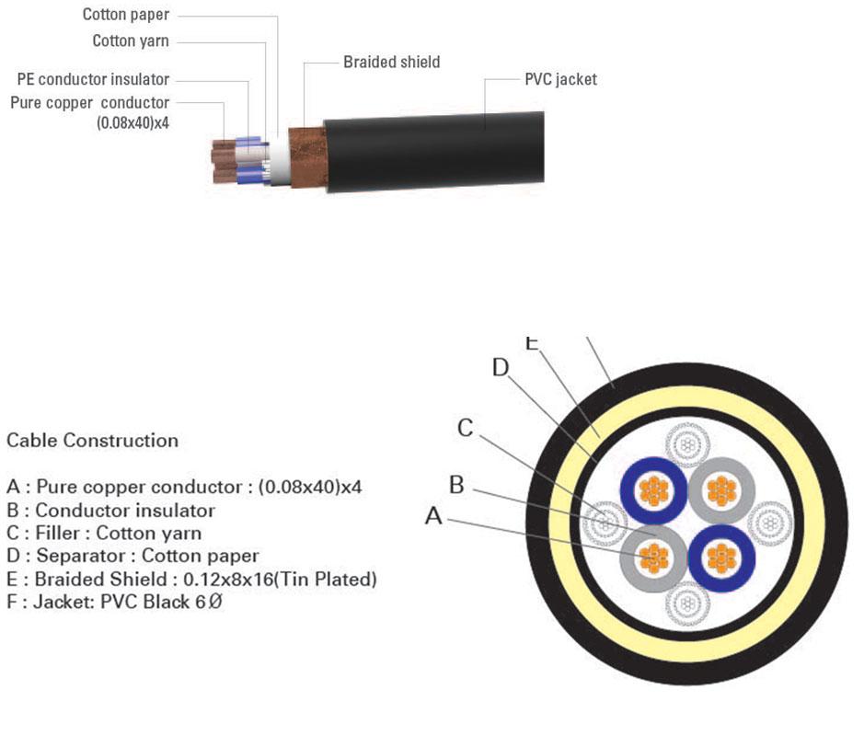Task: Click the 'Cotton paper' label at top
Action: [126, 15]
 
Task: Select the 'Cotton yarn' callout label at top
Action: [131, 41]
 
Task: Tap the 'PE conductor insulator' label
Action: [93, 80]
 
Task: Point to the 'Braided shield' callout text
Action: [391, 63]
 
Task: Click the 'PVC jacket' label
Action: [560, 79]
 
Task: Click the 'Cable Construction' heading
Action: [92, 441]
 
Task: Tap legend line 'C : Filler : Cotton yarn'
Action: [104, 533]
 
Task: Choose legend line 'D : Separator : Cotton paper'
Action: [132, 556]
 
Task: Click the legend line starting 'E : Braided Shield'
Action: [191, 580]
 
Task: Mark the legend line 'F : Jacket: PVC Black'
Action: [114, 603]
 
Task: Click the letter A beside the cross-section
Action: [433, 517]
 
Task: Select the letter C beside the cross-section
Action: [466, 428]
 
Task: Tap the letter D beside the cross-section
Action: [500, 368]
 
